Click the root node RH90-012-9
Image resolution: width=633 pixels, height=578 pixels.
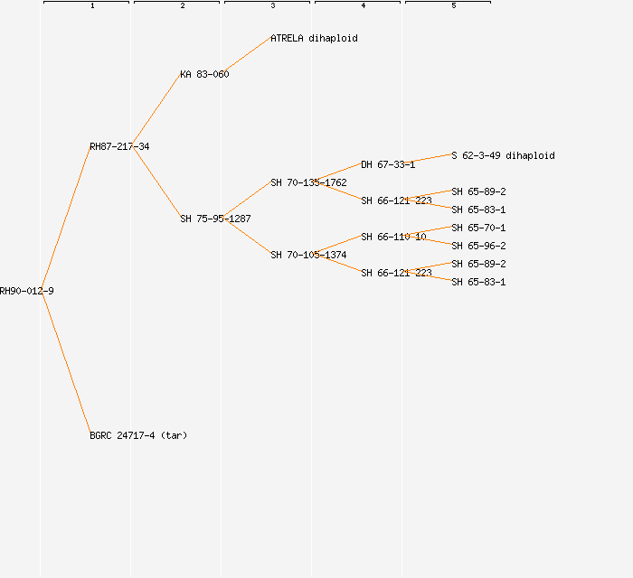coord(26,291)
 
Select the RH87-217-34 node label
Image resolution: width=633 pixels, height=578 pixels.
coord(119,146)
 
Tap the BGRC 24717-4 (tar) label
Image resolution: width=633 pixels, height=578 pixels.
coord(138,435)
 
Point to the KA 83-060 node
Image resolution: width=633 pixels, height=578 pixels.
coord(204,74)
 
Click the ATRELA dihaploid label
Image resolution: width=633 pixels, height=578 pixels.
coord(314,38)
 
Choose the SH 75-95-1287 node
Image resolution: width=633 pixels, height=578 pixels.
coord(215,219)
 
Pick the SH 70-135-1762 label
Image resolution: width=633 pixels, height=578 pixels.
coord(308,182)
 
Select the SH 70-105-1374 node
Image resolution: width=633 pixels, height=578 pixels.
coord(308,255)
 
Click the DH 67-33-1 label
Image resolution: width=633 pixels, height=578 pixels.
coord(388,164)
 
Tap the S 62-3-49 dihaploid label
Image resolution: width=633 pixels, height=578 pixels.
coord(503,155)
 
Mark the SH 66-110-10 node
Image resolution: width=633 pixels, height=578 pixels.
coord(393,237)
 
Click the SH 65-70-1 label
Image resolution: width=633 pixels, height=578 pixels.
coord(478,228)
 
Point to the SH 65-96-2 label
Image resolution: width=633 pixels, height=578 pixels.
coord(478,246)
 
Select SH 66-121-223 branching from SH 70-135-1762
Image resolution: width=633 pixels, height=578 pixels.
coord(396,200)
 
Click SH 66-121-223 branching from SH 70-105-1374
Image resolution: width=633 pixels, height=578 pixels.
coord(396,273)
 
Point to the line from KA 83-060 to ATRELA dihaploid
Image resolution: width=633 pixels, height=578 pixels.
coord(249,56)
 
